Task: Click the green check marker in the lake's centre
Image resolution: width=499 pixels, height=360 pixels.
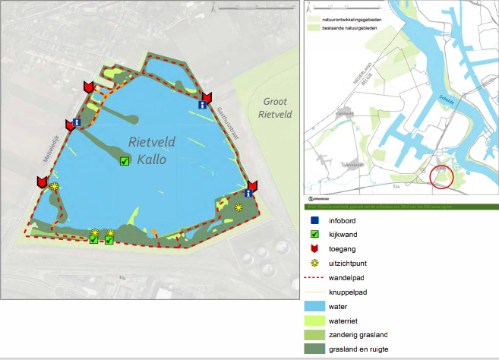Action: (125, 161)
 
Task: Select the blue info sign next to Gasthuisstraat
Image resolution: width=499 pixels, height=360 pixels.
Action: (203, 106)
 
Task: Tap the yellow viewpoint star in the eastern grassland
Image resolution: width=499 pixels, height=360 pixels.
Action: (239, 207)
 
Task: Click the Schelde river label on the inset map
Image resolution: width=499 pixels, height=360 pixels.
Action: (447, 99)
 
